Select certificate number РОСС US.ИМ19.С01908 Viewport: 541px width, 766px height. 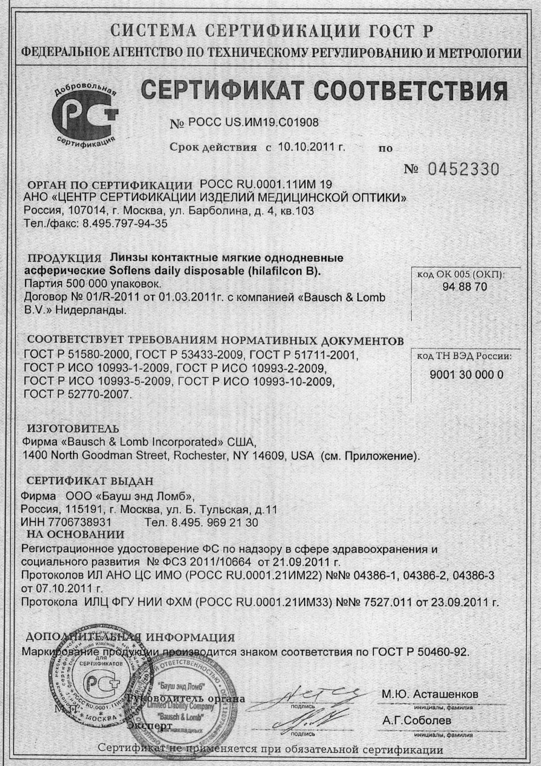point(253,123)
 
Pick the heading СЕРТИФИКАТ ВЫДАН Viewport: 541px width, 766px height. point(90,481)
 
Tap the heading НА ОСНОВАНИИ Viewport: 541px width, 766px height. point(76,534)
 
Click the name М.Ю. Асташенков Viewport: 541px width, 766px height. point(430,695)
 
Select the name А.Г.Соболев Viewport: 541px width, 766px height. point(417,721)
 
